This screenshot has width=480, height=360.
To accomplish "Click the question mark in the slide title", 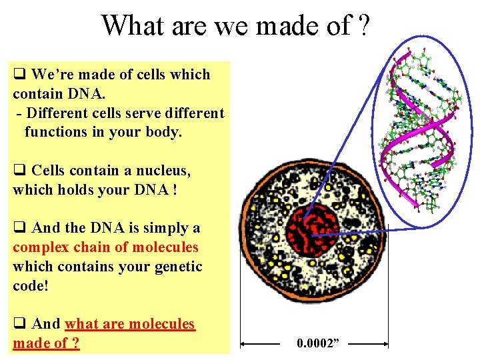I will [363, 26].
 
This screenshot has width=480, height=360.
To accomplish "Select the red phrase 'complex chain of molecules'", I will [105, 247].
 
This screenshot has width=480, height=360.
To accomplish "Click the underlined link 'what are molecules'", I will [129, 324].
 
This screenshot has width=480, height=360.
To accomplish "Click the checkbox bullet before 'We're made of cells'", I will [19, 75].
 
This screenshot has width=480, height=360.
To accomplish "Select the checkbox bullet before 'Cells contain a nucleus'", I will [19, 171].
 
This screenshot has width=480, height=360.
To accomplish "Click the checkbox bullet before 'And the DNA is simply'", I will [19, 228].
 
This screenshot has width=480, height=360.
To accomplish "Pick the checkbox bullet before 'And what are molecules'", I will [19, 324].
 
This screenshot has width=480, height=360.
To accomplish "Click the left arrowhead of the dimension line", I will [244, 345].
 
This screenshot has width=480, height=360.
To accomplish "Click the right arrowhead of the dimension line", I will [385, 345].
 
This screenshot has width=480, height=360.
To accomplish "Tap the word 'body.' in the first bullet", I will [163, 132].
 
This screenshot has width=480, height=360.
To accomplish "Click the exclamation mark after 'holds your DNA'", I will [175, 190].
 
